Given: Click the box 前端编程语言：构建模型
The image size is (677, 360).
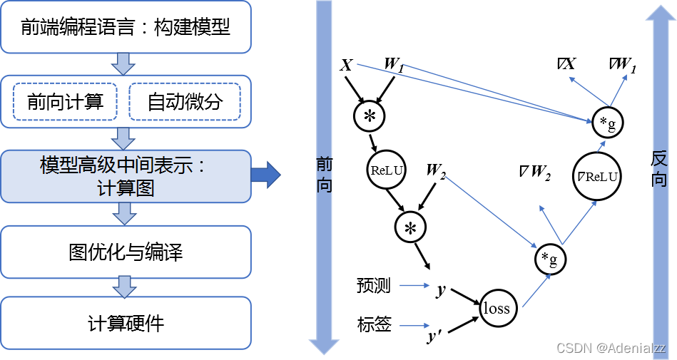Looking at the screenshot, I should coord(126,27).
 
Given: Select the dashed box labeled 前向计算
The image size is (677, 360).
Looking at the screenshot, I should coord(65,102).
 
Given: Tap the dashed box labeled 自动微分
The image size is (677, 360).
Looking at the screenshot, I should coord(185,102).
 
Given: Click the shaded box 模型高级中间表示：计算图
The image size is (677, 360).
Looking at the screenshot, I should coord(126,176).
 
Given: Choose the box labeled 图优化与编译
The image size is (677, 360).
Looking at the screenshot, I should coord(126,252).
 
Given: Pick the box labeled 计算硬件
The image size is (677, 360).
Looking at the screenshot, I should coord(126,324).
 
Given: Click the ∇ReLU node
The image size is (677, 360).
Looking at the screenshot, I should coord(597,176).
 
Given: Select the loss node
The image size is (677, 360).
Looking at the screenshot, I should coord(497,308).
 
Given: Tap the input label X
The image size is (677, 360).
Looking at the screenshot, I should coord(346,66).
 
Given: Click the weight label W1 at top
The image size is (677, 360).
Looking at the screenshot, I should coord(395,64).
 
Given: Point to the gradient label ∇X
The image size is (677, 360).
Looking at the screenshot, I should coord(566,64).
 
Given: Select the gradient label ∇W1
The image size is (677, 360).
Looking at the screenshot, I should coord(623,65).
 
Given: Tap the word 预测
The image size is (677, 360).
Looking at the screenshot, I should coord(374,286).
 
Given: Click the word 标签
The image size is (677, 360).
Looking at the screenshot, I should coord(374,325).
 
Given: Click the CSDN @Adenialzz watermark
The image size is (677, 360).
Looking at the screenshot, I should coord(611,348).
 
